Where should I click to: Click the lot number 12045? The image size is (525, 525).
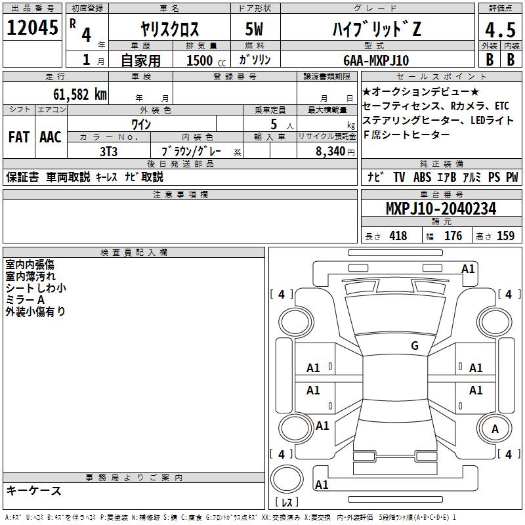pos(32,28)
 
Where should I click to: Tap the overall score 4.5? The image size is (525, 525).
pos(500,30)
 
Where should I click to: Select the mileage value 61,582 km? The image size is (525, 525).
pos(80,94)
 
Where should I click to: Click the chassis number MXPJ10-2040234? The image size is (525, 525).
pos(441,209)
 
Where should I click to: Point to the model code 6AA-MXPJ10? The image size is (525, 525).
pos(376,60)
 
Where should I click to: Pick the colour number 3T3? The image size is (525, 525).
pos(108,152)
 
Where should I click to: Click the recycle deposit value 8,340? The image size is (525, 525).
pos(330,152)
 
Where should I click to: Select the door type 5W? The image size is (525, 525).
pos(254,29)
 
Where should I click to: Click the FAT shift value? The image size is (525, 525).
pos(19,137)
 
